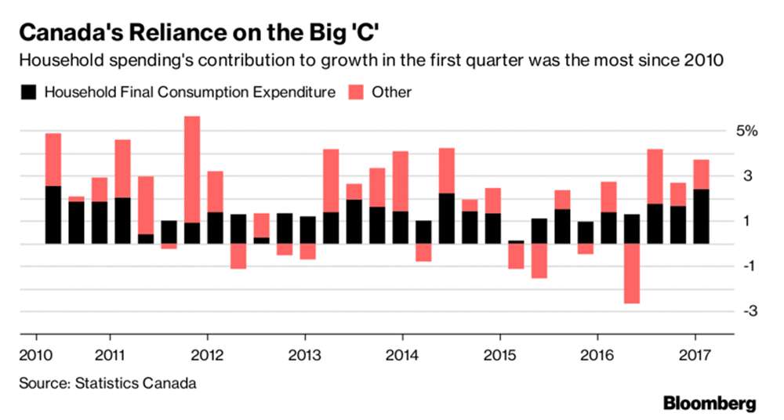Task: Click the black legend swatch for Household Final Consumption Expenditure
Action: click(27, 92)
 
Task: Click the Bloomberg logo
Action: click(710, 404)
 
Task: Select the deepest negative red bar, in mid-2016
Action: click(632, 273)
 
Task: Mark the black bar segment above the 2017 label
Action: click(702, 216)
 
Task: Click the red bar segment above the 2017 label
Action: click(702, 174)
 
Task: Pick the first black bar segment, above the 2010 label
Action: click(53, 215)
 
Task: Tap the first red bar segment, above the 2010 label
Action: click(53, 159)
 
